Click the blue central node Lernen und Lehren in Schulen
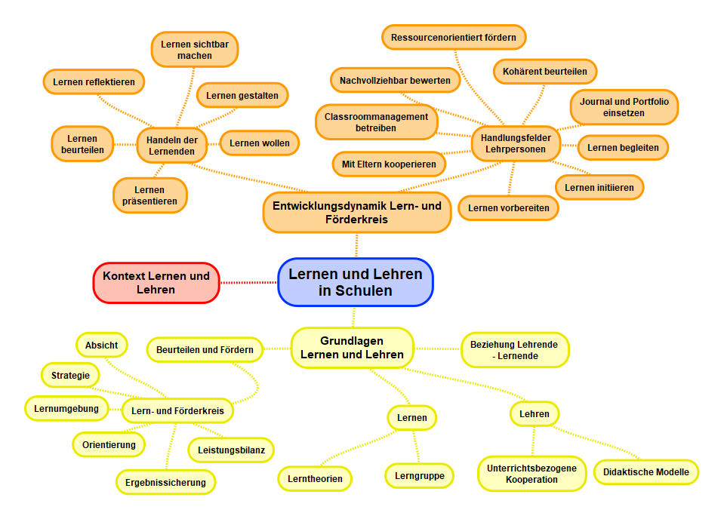coord(356,282)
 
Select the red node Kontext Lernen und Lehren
coord(156,282)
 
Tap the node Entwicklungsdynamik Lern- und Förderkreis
coord(357,212)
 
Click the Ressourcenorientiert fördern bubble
coord(454,36)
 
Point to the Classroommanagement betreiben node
coord(376,122)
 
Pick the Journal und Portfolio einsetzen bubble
coord(624,107)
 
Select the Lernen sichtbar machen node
coord(195,50)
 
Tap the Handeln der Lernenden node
coord(171,145)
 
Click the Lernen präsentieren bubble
coord(149,195)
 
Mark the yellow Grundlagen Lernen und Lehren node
coord(352,348)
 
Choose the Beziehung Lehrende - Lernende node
coord(514,350)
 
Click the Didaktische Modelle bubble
coord(646,472)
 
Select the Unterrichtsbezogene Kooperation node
coord(531,474)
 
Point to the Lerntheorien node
coord(315,478)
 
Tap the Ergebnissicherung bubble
coord(165,481)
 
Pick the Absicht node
coord(101,345)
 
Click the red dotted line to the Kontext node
coord(248,282)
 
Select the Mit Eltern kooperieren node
coord(389,164)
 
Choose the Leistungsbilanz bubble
coord(231,450)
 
